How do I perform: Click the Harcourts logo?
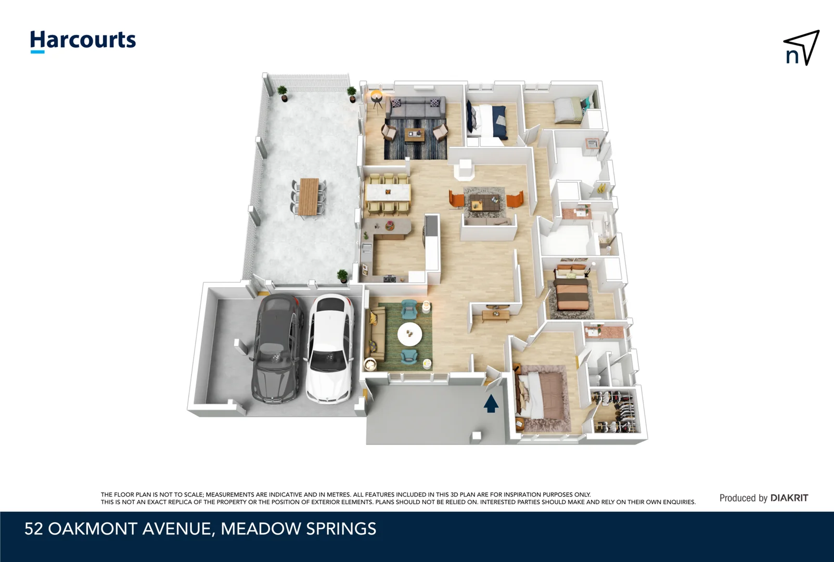pos(83,41)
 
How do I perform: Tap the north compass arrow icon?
pos(801,48)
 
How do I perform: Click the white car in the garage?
pos(330,349)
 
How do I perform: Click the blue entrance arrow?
pos(491,403)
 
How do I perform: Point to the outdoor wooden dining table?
pos(309,197)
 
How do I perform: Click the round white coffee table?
pos(410,334)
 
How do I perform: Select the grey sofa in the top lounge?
pos(416,108)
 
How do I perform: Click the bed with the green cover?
pos(568,110)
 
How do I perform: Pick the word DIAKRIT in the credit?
pos(789,498)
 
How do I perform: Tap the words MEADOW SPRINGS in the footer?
pos(298,529)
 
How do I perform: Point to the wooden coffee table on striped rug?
pos(415,135)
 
